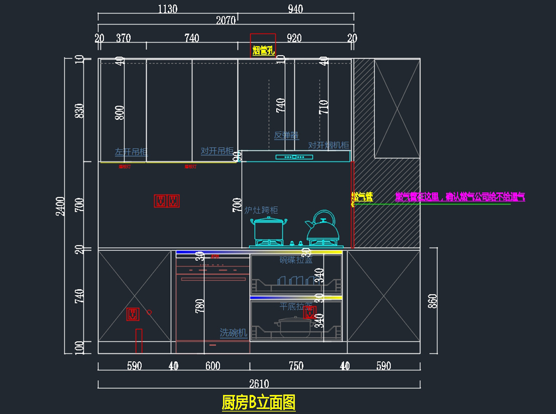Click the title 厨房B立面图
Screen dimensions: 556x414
[259, 402]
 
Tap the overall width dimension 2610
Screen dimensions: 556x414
[259, 384]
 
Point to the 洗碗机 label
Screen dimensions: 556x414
[234, 333]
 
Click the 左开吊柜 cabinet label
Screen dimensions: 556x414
[131, 152]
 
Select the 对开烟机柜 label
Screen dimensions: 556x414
[329, 145]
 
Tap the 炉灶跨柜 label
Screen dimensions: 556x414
[261, 210]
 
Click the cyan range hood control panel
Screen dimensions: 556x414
[294, 157]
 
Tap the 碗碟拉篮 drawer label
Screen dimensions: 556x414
[296, 260]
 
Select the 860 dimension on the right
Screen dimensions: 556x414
[433, 301]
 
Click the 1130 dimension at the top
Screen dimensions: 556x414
[168, 9]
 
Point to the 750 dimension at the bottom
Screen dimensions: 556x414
[296, 366]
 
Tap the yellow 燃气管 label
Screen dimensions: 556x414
[362, 197]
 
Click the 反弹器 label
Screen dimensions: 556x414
[286, 136]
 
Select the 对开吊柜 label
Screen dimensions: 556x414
[217, 151]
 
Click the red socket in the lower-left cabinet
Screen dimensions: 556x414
[133, 315]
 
